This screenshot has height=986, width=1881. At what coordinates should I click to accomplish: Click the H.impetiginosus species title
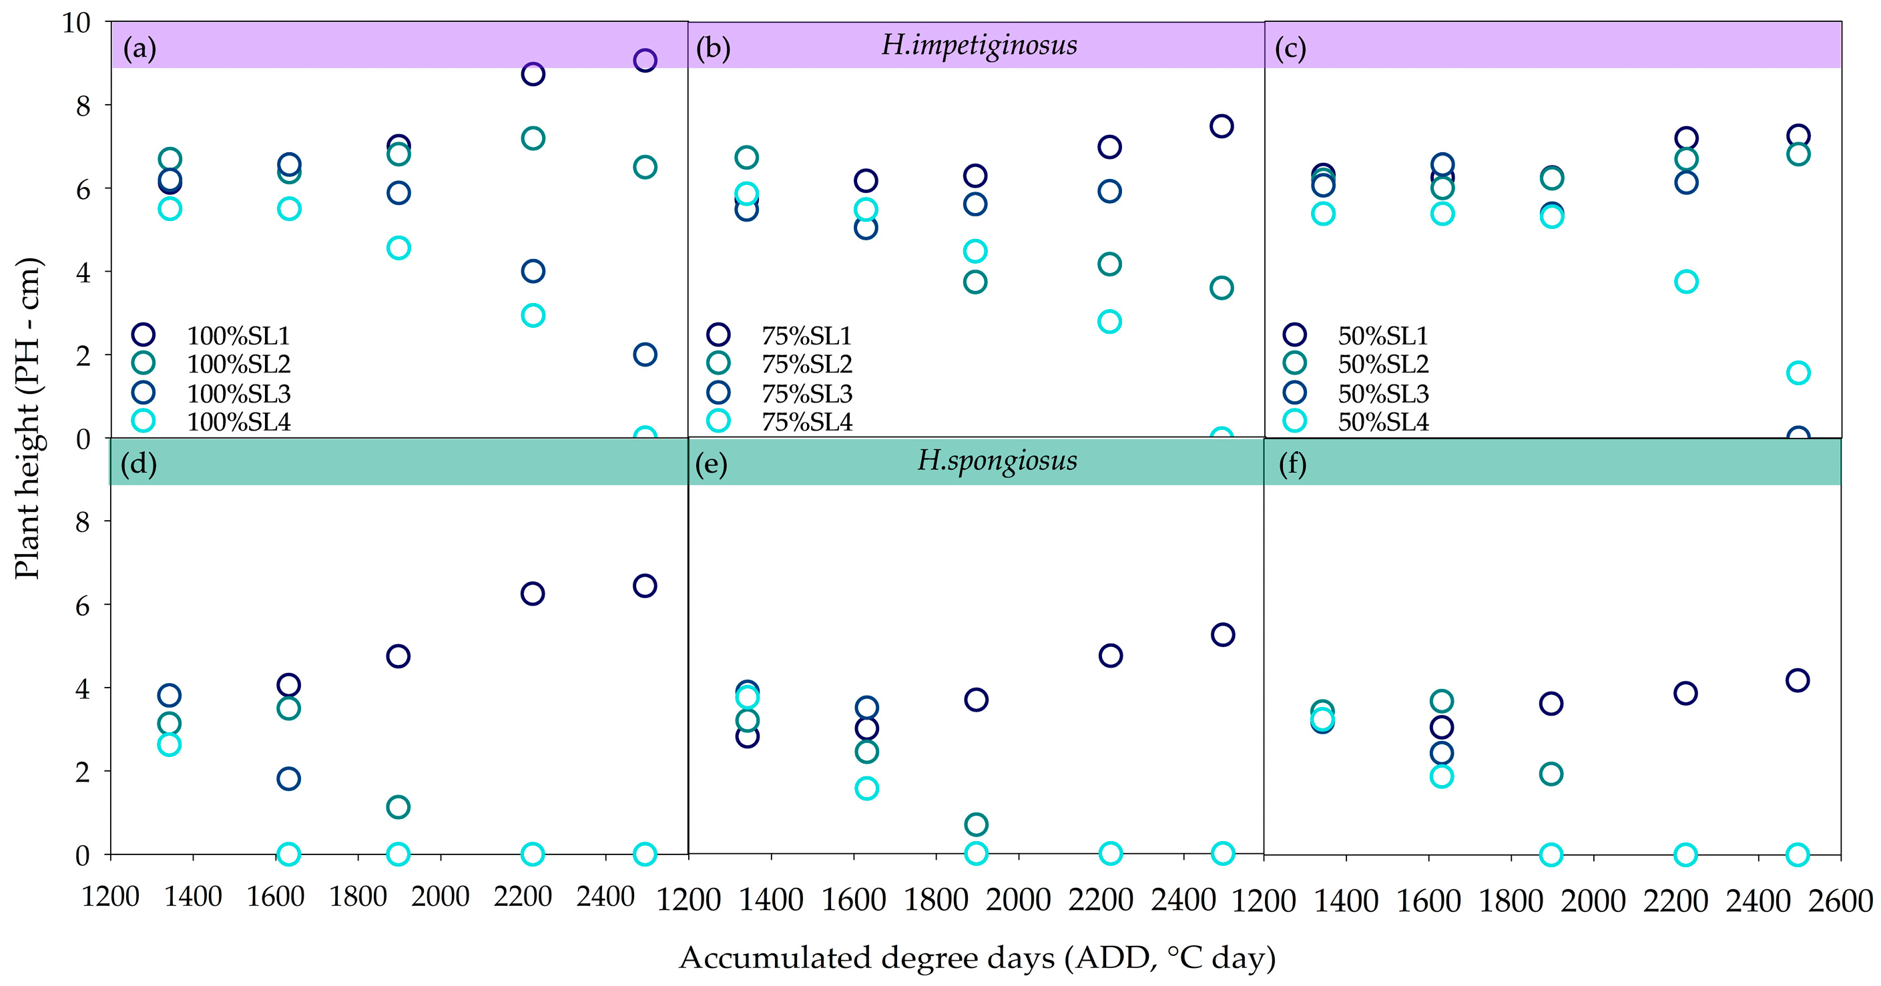979,45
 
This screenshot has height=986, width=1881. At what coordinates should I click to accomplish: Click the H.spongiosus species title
997,461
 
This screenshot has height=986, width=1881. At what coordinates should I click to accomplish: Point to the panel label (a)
140,49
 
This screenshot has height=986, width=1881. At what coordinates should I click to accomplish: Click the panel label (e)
712,464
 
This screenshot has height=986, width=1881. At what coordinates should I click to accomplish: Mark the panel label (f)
1292,464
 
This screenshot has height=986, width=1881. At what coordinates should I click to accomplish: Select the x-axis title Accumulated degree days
977,957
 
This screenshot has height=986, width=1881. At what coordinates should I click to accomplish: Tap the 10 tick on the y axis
76,23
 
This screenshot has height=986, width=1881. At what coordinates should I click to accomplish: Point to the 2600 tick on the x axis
1840,901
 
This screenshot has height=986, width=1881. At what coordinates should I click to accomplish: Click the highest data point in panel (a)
645,60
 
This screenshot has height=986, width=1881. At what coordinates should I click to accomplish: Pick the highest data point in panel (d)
645,585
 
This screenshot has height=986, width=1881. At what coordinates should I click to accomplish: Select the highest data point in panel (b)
1222,126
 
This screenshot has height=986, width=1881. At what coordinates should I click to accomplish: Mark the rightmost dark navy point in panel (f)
1797,681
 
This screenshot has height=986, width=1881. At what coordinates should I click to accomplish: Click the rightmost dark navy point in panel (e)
1222,635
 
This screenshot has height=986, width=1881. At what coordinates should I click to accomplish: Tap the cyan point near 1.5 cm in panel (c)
1798,373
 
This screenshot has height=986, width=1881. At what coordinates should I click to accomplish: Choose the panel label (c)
1290,49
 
